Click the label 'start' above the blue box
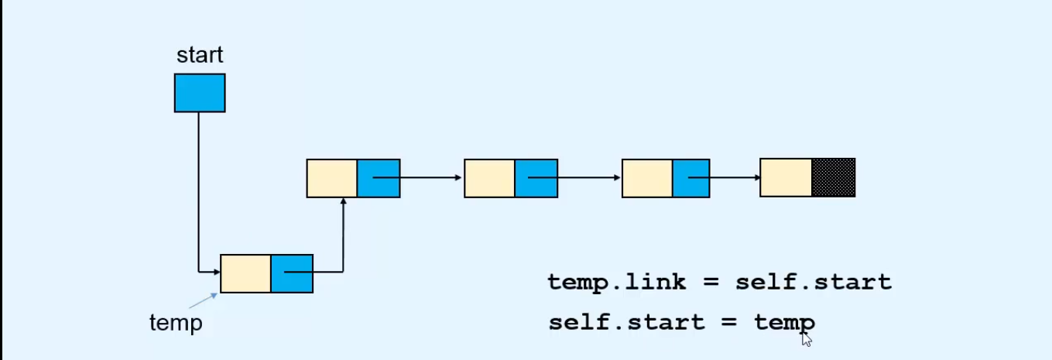(199, 55)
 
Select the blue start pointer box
(199, 93)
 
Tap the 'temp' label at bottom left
(176, 322)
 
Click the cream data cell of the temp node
(245, 273)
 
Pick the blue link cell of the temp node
(291, 273)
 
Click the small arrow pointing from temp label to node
(203, 301)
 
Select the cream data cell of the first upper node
(331, 178)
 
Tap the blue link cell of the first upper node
(378, 178)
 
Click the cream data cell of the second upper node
(489, 178)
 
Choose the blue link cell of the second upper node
(536, 178)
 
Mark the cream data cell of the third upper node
(647, 178)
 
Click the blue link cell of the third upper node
(690, 178)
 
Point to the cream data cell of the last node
(786, 178)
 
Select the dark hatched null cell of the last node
(833, 178)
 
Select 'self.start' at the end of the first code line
(813, 282)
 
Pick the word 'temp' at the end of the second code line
(783, 321)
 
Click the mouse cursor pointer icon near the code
(807, 339)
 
